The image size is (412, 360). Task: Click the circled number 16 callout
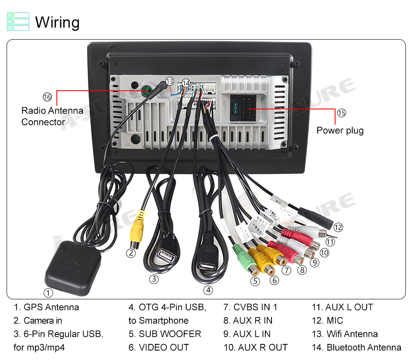(x=47, y=97)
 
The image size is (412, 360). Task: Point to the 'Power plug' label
(x=340, y=131)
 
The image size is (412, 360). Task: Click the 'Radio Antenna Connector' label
(x=52, y=116)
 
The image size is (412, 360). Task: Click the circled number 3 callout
(x=154, y=279)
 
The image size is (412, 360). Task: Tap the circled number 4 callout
(x=208, y=290)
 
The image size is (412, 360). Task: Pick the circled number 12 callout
(x=338, y=227)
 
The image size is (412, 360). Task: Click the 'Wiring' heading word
(x=57, y=22)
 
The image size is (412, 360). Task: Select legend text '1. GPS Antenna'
(x=46, y=307)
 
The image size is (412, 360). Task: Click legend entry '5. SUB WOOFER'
(x=165, y=334)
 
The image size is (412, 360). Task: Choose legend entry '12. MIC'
(x=328, y=320)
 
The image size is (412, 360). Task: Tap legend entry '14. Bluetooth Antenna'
(x=356, y=347)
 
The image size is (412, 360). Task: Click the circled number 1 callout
(x=49, y=293)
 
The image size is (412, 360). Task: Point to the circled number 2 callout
(x=131, y=253)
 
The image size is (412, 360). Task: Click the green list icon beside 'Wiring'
(x=18, y=22)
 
